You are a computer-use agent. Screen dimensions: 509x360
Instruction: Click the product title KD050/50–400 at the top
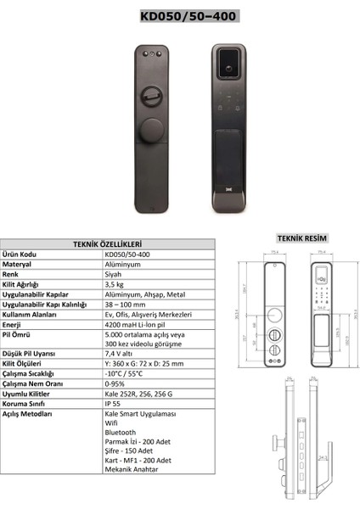[180, 15]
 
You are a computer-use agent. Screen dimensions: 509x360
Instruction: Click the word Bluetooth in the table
[119, 432]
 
